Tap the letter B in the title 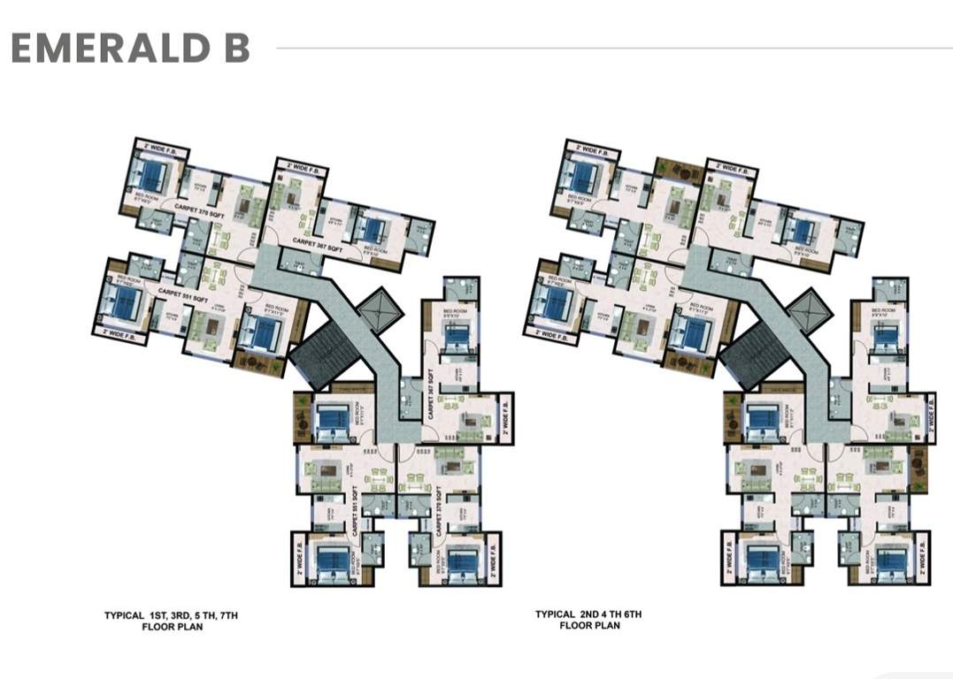click(x=236, y=49)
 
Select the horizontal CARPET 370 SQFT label click(x=203, y=208)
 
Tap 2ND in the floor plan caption click(x=594, y=614)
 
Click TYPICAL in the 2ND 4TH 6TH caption click(x=556, y=614)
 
